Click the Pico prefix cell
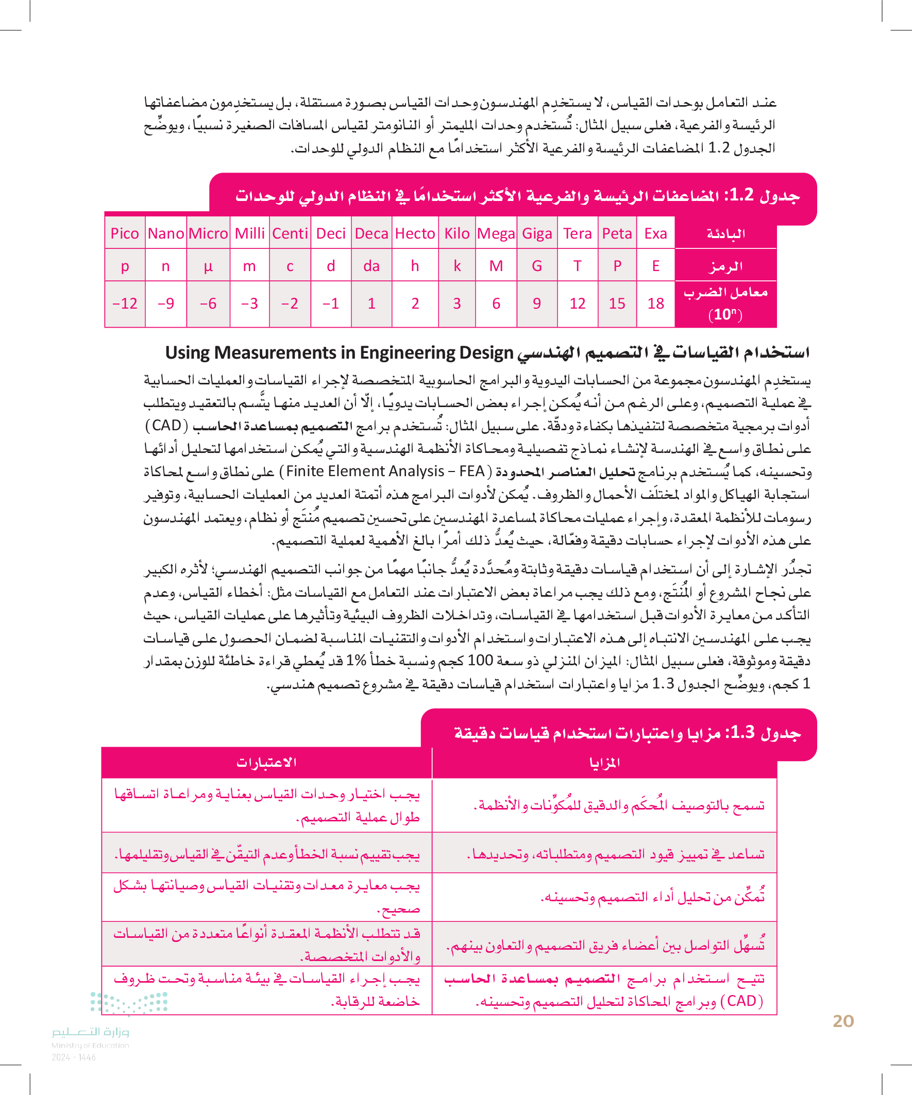pos(125,233)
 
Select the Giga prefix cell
pos(536,233)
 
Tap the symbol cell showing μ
pos(208,266)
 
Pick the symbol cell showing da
pos(371,266)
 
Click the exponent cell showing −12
pos(125,304)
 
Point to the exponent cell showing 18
pos(655,304)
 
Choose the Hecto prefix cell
pos(415,233)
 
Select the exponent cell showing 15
pos(617,304)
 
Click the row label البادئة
pos(725,233)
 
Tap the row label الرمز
pos(725,267)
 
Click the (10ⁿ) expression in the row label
pos(725,314)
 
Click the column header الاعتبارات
pos(266,762)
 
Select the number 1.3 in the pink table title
pos(742,733)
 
